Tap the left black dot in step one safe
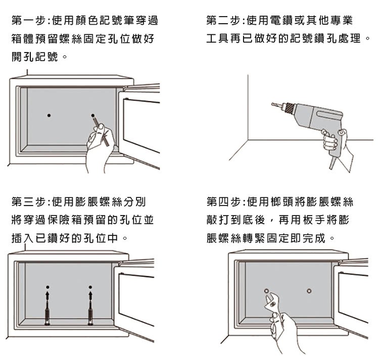[x=49, y=116]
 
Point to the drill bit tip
[x=273, y=105]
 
